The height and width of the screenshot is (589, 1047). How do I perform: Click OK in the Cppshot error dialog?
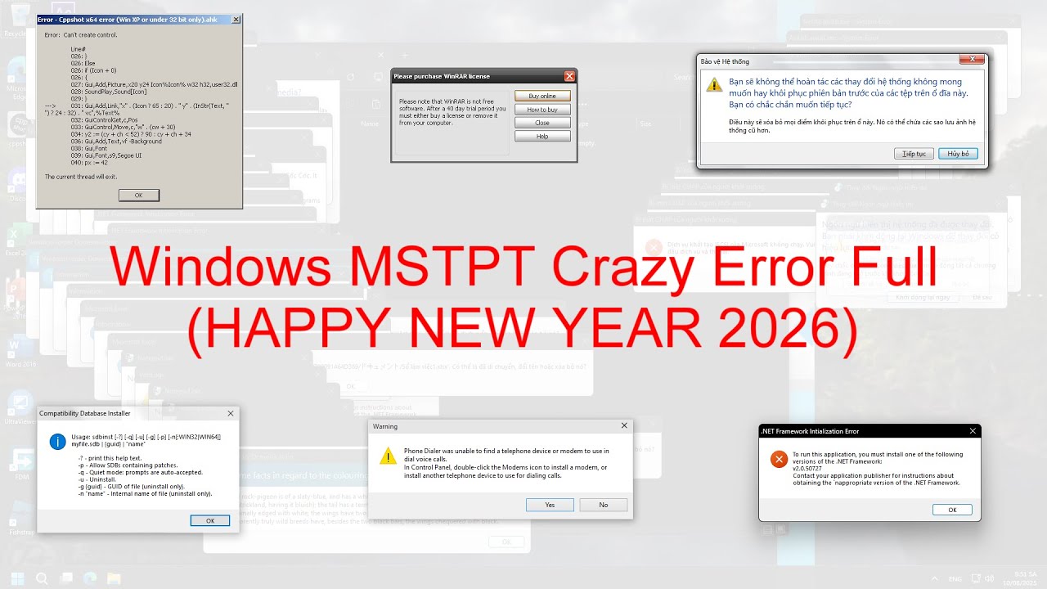(x=138, y=195)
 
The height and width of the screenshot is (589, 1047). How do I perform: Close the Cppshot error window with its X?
(x=236, y=19)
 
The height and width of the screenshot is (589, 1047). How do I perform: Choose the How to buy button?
(x=541, y=110)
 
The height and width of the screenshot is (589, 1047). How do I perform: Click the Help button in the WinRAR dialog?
(x=541, y=137)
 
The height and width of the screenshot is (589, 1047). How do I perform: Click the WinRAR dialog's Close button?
(x=541, y=123)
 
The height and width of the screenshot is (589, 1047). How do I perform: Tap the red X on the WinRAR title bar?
(x=569, y=76)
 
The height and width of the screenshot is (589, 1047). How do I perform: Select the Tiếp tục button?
(x=914, y=154)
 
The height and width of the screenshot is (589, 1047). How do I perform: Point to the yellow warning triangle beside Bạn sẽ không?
(x=715, y=84)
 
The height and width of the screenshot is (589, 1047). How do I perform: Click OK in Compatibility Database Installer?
(x=209, y=520)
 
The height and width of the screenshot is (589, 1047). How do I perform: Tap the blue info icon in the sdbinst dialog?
(x=57, y=442)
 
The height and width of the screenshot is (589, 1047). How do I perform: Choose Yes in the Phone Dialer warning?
(x=550, y=505)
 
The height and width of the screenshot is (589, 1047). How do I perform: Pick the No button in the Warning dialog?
(x=603, y=505)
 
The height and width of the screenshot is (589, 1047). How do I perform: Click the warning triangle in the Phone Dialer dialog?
(x=388, y=456)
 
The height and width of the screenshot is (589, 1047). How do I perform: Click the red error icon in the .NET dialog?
(x=778, y=460)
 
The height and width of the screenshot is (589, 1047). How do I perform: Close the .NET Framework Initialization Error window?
(x=973, y=431)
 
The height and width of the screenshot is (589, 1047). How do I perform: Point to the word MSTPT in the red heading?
(x=442, y=266)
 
